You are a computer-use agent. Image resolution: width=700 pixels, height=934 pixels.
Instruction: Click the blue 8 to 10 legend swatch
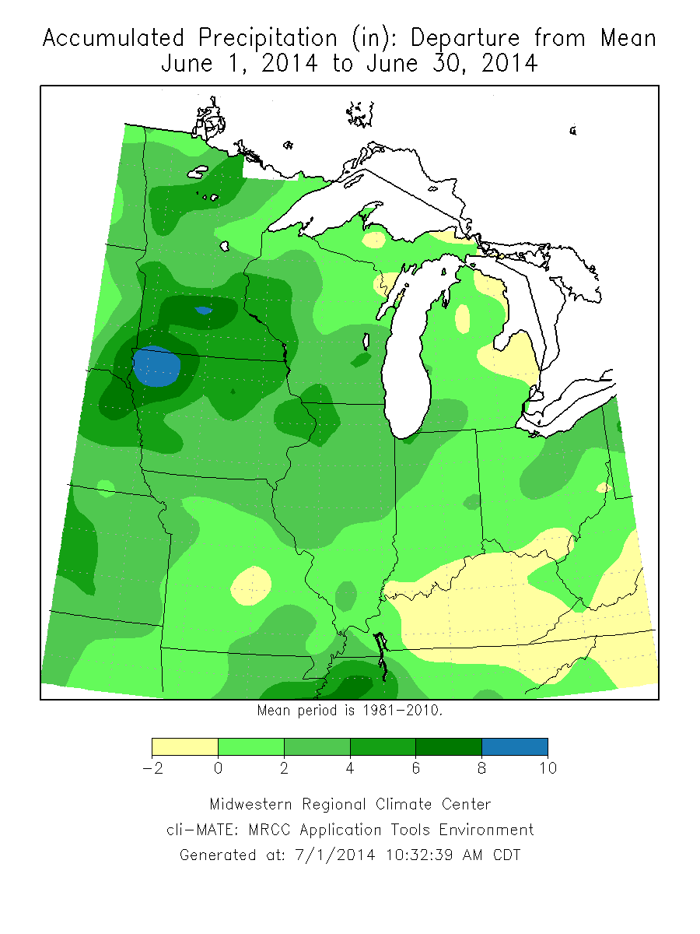[515, 747]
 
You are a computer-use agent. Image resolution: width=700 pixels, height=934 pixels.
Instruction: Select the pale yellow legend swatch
[184, 747]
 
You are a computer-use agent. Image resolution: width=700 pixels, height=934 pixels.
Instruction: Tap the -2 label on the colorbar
[151, 769]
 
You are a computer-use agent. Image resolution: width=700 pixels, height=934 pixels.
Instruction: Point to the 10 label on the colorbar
[548, 769]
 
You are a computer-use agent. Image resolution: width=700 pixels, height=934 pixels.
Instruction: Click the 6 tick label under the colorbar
[415, 769]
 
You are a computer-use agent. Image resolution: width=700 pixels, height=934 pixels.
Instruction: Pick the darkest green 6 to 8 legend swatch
[449, 747]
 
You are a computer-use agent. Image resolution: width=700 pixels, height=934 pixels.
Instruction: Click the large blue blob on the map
[156, 367]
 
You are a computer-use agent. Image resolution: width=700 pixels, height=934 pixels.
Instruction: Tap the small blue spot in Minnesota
[204, 310]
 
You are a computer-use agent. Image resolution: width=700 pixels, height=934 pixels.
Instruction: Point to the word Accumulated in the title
[114, 38]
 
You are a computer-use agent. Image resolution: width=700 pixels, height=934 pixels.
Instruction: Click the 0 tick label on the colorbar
[218, 769]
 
